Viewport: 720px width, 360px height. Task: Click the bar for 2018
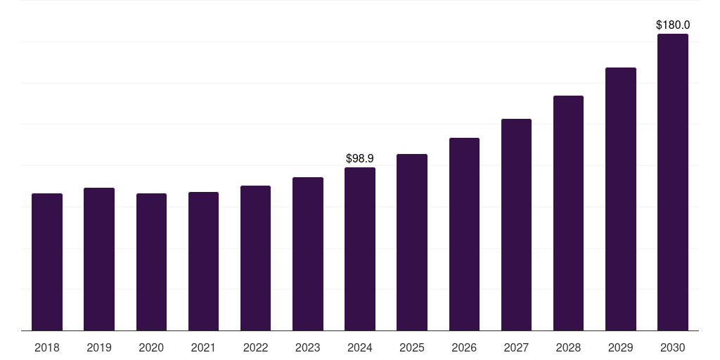[47, 262]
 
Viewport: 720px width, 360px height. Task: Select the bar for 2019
[99, 259]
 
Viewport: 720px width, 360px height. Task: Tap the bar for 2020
[151, 262]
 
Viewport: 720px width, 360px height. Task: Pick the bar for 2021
[203, 261]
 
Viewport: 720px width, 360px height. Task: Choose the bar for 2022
[255, 258]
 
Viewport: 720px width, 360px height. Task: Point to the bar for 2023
[308, 254]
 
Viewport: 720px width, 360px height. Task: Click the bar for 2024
[360, 249]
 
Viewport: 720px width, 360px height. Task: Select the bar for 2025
[412, 242]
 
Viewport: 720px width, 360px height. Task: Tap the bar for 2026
[464, 234]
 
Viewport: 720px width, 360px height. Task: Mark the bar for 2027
[516, 224]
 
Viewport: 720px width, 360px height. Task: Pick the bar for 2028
[568, 213]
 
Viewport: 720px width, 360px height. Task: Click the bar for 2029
[621, 199]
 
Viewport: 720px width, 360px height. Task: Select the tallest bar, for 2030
[673, 182]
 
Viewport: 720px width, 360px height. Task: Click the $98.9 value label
[360, 159]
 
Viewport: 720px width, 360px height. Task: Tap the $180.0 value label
[673, 25]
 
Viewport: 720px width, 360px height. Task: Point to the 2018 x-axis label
[47, 347]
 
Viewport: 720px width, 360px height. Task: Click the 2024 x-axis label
[360, 347]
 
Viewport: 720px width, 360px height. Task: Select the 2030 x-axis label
[673, 347]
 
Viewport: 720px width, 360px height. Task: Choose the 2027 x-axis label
[516, 347]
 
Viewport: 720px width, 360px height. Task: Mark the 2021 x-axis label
[203, 347]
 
